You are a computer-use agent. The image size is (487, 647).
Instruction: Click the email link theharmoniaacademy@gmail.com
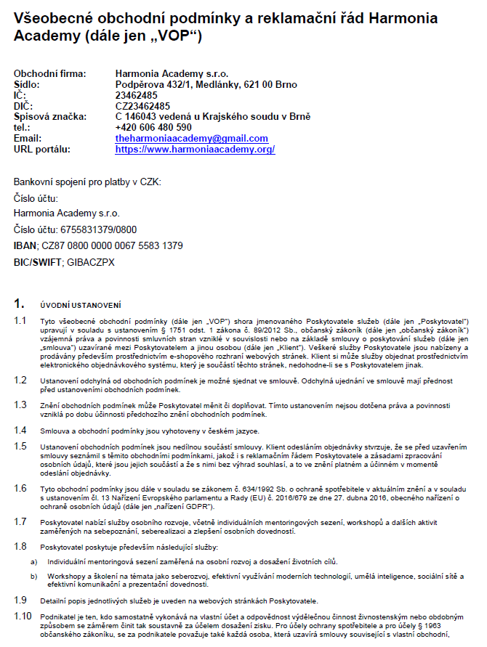(x=191, y=138)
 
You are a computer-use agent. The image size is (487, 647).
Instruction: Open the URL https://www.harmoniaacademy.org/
(x=195, y=149)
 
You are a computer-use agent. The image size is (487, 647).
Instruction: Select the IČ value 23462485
(x=136, y=95)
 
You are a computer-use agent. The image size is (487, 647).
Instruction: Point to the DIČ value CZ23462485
(x=142, y=106)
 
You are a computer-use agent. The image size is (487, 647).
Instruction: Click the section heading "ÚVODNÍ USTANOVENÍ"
(x=80, y=304)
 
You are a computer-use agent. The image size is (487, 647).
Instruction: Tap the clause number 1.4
(x=20, y=429)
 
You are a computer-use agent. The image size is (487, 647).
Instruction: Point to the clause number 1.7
(x=20, y=521)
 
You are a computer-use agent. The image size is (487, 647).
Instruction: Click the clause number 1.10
(x=23, y=616)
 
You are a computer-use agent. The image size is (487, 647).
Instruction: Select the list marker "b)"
(x=33, y=576)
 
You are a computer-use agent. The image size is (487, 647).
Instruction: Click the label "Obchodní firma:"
(x=49, y=73)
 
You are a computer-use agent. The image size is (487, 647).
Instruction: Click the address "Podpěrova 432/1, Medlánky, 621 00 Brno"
(x=206, y=84)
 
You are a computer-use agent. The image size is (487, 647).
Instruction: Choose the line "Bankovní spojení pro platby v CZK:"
(x=87, y=181)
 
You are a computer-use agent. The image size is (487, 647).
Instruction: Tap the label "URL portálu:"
(x=42, y=149)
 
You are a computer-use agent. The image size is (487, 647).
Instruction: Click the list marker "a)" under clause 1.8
(x=33, y=561)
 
